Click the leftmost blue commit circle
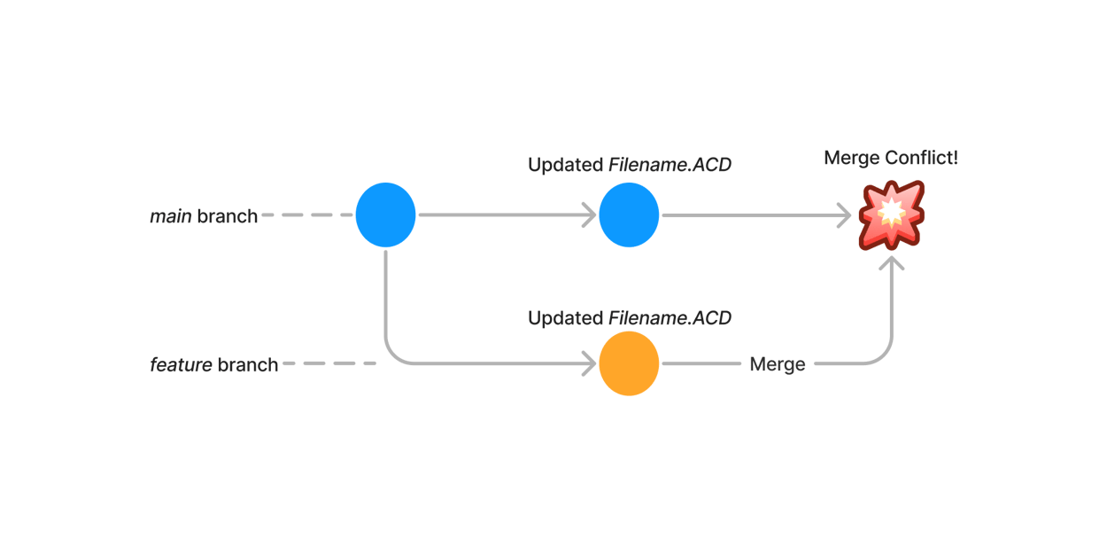point(386,215)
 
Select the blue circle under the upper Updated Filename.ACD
point(629,215)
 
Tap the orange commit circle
point(629,363)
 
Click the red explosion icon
point(891,215)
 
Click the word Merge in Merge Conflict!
point(851,159)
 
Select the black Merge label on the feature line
point(777,364)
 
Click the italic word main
point(170,216)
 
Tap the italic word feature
point(181,365)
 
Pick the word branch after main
point(227,216)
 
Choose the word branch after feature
point(247,365)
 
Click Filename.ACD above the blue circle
point(670,165)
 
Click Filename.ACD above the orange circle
point(670,318)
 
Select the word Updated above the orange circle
point(564,318)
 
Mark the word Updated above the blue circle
point(564,165)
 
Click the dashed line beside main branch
point(306,215)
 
